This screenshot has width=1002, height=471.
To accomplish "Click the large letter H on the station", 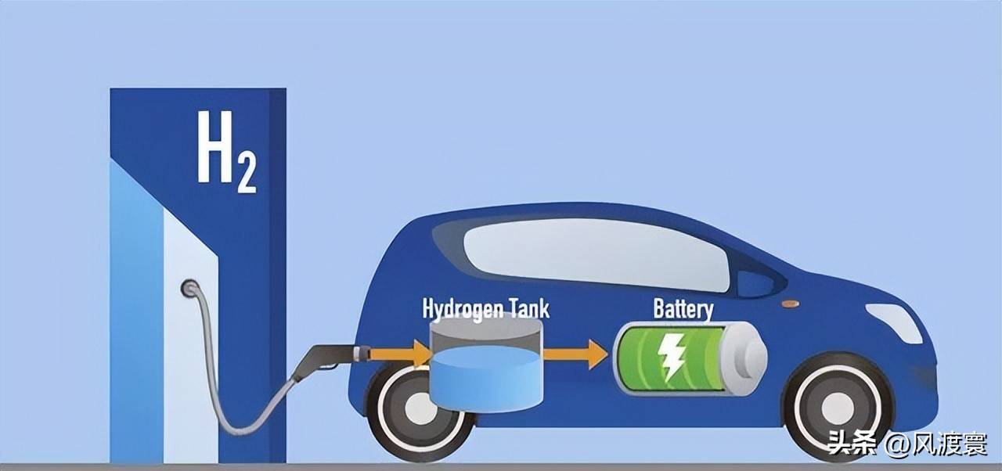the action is click(215, 146).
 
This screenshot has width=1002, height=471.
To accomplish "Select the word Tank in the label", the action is click(531, 308).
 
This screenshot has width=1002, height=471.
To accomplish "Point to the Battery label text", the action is click(683, 309).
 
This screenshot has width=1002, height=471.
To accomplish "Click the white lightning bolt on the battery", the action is click(671, 358).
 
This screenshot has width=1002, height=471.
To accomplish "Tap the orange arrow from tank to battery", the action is click(575, 354).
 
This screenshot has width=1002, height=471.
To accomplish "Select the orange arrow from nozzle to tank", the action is click(400, 354).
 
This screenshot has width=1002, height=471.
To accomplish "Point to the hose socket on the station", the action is click(190, 288).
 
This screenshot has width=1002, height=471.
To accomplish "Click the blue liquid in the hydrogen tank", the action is click(486, 379).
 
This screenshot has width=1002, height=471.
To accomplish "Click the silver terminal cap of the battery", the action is click(744, 359).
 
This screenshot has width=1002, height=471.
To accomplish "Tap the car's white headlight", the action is click(895, 322).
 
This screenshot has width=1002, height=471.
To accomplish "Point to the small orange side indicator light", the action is click(791, 304).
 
